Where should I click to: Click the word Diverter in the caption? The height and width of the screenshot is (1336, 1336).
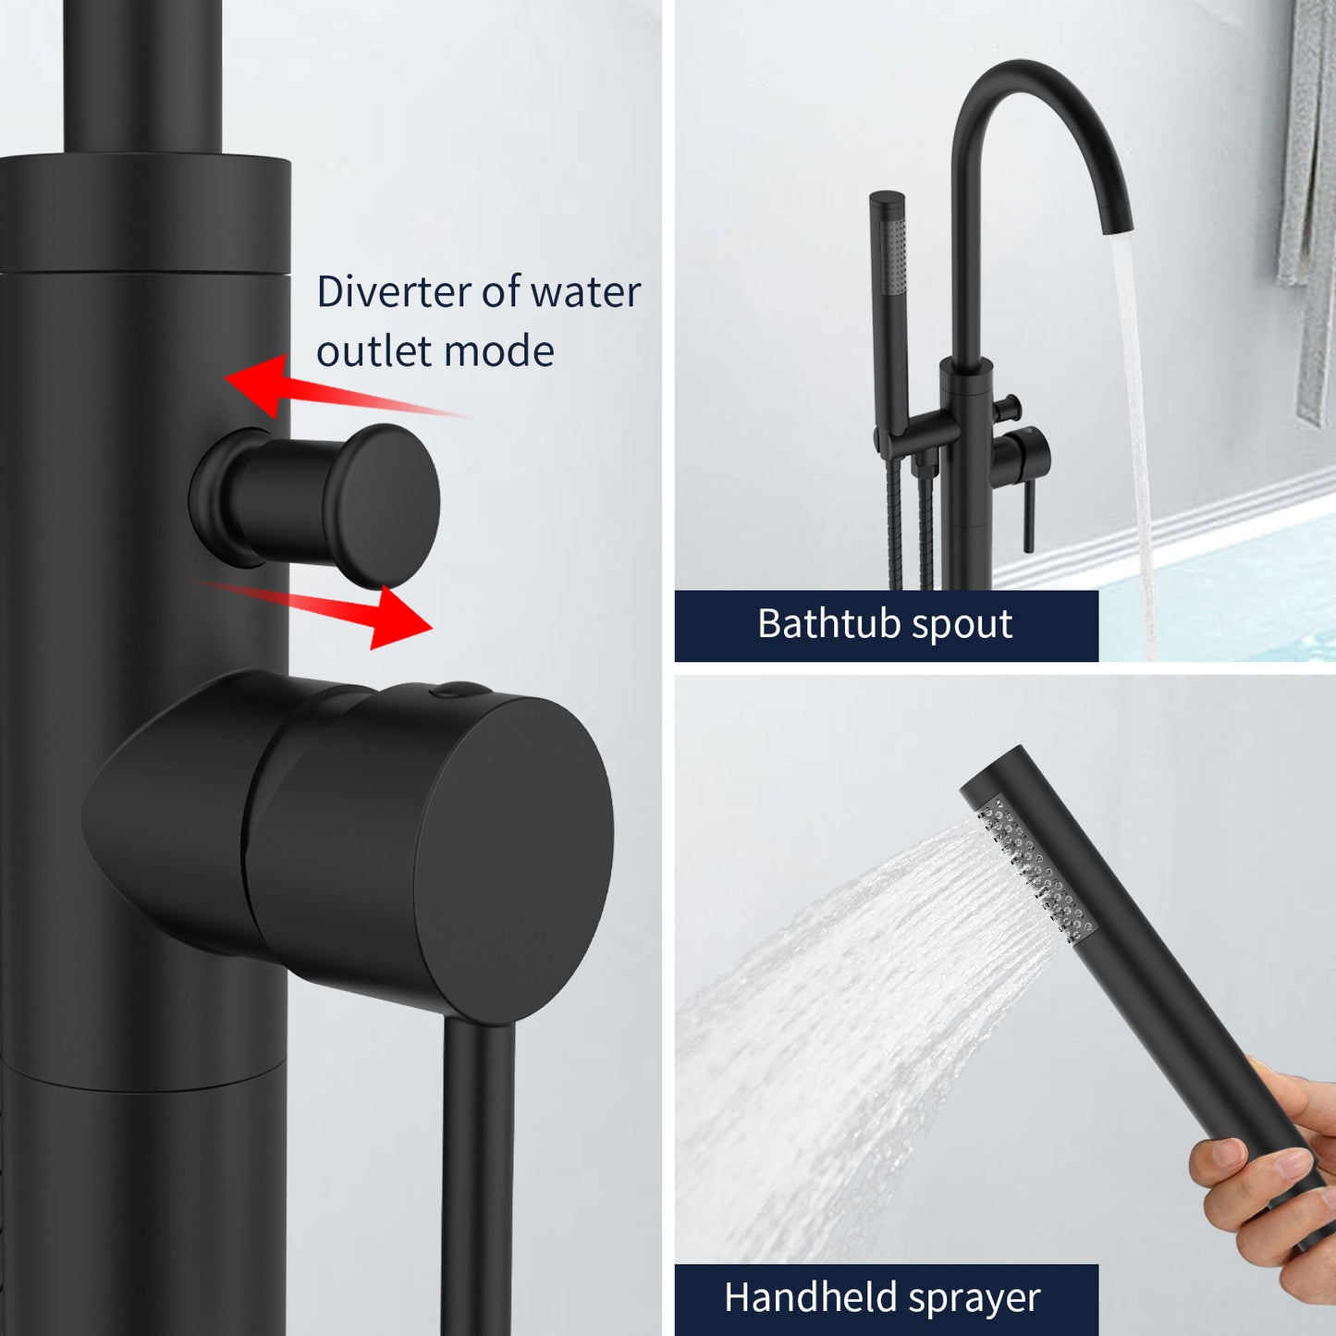point(394,292)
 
